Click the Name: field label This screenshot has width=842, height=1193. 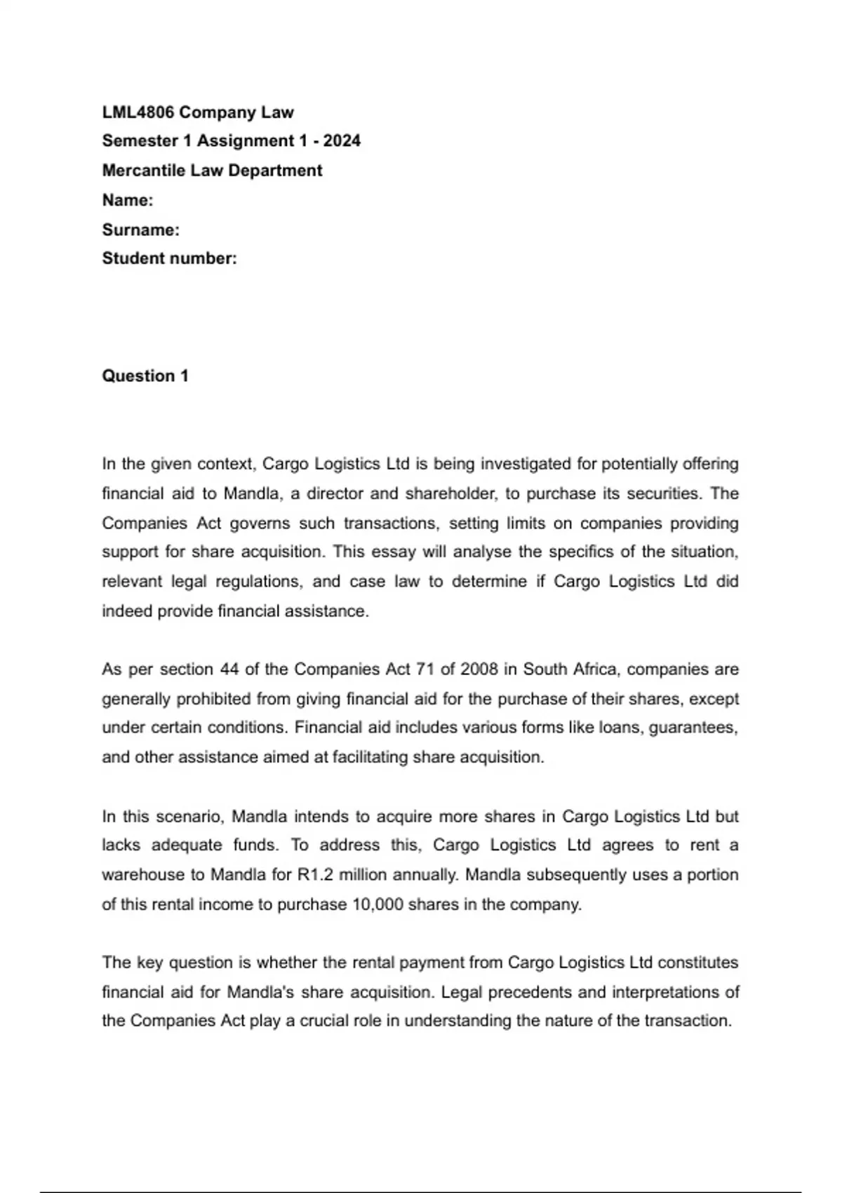pyautogui.click(x=128, y=200)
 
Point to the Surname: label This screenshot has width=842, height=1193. pyautogui.click(x=141, y=229)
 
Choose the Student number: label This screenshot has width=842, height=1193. pyautogui.click(x=170, y=258)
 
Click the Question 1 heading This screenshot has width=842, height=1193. pyautogui.click(x=145, y=376)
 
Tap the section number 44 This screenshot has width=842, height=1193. pyautogui.click(x=229, y=669)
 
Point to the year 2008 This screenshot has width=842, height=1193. pyautogui.click(x=479, y=669)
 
